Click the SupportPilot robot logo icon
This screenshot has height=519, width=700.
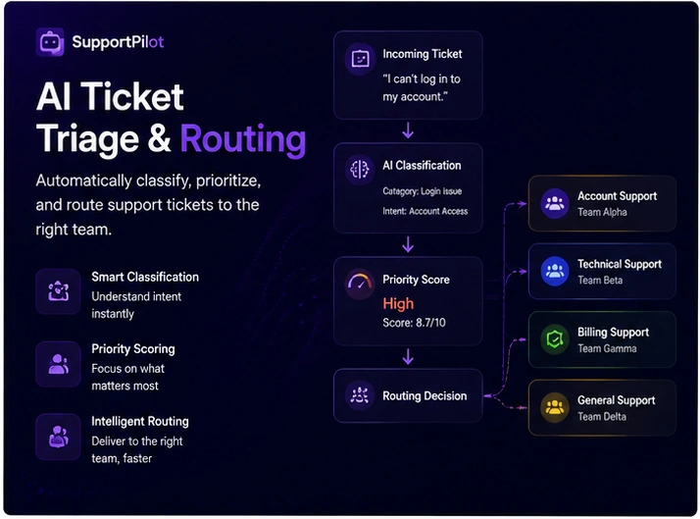[x=50, y=42]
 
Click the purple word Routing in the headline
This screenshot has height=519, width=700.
[x=243, y=139]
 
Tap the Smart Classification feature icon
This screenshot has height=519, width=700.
[x=58, y=291]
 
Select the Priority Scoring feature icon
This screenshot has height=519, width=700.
[x=58, y=364]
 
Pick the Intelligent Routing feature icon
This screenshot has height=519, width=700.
[x=58, y=437]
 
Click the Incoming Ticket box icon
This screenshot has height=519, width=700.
[x=360, y=59]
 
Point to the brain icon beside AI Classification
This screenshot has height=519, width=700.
[x=360, y=170]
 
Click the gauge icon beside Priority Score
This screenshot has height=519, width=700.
[x=360, y=284]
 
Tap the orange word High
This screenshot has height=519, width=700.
[x=398, y=304]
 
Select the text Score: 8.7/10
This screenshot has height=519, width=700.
[x=414, y=323]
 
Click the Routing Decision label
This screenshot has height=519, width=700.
[x=425, y=395]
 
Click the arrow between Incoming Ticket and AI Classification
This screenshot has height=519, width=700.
[x=408, y=130]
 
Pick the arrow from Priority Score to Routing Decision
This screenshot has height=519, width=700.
[x=408, y=357]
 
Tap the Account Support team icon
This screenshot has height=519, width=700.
[x=555, y=204]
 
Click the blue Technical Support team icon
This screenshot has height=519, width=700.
[x=555, y=271]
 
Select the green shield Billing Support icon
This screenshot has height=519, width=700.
[x=555, y=339]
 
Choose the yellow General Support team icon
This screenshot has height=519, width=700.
[x=555, y=407]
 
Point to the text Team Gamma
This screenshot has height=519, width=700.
[x=607, y=348]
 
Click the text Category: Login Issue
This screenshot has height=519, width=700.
[x=422, y=191]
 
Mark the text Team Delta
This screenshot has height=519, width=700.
[x=602, y=416]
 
